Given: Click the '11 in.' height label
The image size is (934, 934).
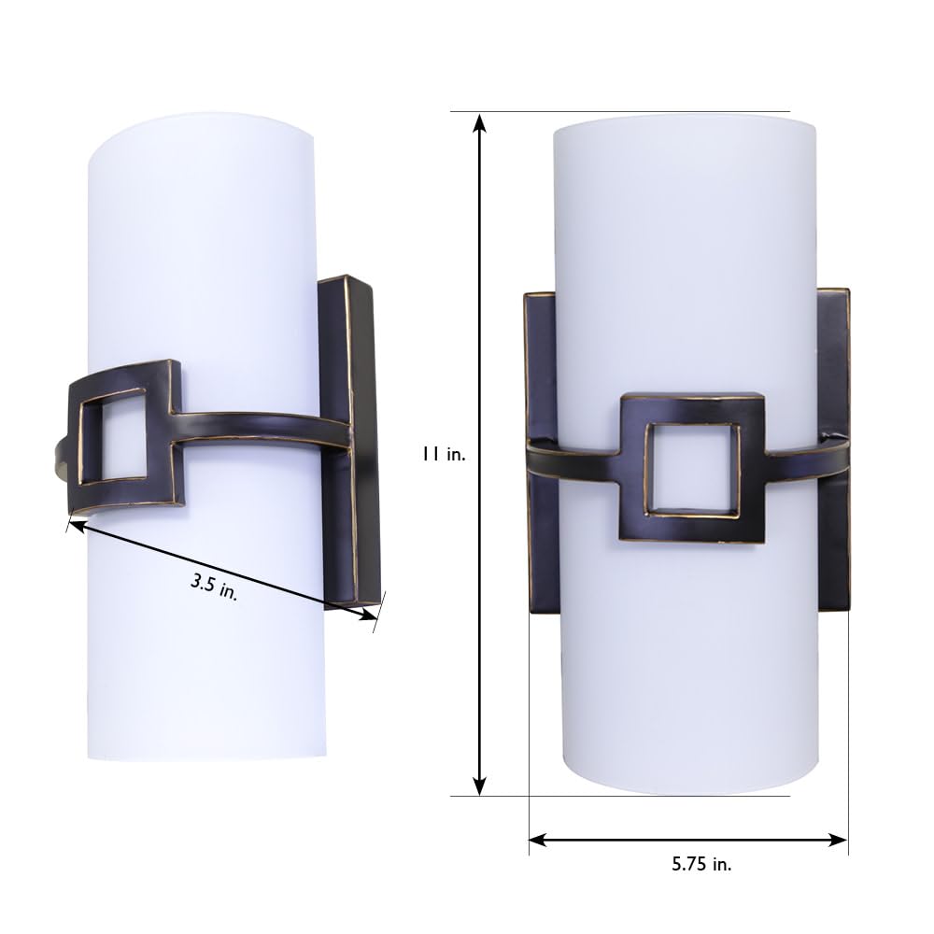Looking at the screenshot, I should (442, 456).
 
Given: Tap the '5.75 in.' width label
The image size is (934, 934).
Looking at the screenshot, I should (701, 864).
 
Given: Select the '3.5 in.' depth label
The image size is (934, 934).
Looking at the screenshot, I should (214, 587).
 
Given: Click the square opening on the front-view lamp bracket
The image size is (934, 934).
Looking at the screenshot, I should (692, 469).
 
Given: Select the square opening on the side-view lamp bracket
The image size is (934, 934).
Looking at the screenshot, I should (112, 435).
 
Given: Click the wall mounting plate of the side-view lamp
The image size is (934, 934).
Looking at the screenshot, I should (347, 439).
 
